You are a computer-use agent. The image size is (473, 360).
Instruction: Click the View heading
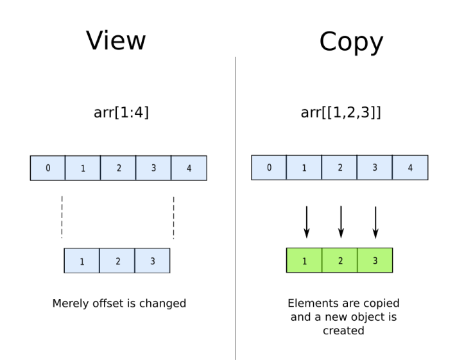[x=117, y=40]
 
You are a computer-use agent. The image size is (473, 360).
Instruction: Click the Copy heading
[x=351, y=42]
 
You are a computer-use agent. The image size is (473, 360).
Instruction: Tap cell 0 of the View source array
[x=47, y=167]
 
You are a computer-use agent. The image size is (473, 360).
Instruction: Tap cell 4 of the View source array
[x=189, y=167]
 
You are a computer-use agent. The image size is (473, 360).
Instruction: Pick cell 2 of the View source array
[x=118, y=167]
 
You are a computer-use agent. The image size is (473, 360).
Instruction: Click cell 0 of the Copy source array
[x=269, y=167]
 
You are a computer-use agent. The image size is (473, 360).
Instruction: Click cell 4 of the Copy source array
[x=410, y=167]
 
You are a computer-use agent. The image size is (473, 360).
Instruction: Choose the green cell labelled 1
[x=304, y=261]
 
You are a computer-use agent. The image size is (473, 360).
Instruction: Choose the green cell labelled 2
[x=340, y=261]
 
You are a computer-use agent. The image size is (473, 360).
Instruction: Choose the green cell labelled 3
[x=374, y=261]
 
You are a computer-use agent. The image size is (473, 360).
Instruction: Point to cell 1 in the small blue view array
[x=82, y=261]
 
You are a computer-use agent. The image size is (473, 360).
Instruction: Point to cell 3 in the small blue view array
[x=152, y=261]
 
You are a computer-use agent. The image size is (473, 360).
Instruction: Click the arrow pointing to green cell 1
[x=306, y=222]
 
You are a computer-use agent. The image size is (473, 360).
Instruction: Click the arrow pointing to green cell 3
[x=375, y=222]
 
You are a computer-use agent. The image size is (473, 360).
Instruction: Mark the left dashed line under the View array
[x=62, y=217]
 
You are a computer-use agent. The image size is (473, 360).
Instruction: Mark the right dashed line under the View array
[x=173, y=217]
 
